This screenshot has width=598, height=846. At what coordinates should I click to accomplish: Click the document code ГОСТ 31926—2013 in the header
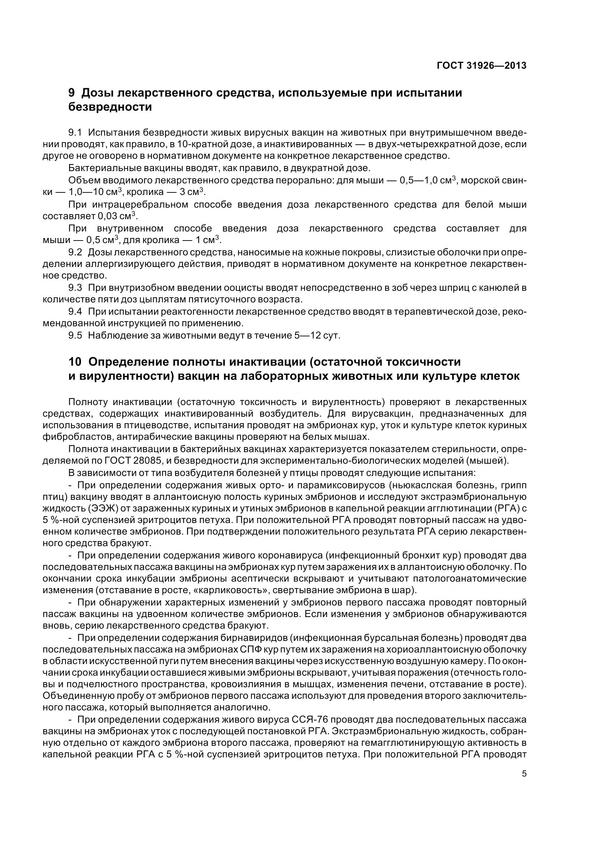481,65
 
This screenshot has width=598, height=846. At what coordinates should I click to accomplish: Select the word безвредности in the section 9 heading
110,107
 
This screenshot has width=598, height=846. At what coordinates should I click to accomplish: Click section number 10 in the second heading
75,362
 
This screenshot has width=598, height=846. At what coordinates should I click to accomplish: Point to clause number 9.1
76,132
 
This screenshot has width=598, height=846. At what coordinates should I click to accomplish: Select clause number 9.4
76,311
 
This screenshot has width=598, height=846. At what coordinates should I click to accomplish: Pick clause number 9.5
76,335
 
